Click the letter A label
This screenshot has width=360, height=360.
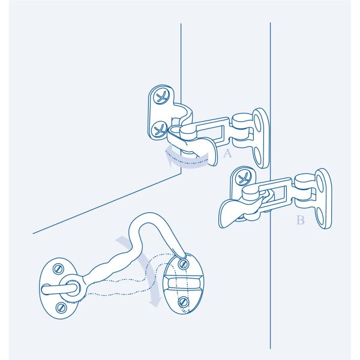[x=227, y=154]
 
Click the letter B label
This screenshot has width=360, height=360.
[x=301, y=220]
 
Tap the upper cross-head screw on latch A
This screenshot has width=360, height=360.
[x=161, y=97]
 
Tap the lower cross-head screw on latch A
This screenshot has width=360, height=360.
[x=159, y=129]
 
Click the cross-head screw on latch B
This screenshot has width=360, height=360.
[x=244, y=178]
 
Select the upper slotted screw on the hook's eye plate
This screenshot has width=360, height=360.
[x=58, y=269]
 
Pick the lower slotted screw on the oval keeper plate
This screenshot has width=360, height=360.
[x=183, y=302]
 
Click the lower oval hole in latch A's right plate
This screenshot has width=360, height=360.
[x=258, y=156]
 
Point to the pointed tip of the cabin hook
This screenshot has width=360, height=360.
[x=184, y=258]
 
